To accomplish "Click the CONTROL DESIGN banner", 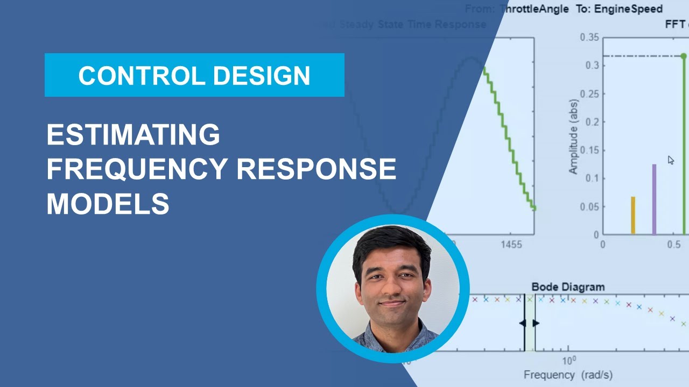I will point(194,75).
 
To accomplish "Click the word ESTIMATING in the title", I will point(133,134).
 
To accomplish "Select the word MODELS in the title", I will point(108,204).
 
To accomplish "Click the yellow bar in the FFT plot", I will point(633,216).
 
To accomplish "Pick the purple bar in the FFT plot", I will point(654,199).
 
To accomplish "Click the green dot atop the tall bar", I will point(684,56).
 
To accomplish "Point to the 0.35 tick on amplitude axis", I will point(589,37).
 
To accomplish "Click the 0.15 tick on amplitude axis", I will point(589,150).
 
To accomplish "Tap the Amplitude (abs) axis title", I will point(574,137).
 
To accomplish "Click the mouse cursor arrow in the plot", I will point(671,160).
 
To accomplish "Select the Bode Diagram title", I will point(568,287).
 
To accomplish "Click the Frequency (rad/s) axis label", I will point(568,375).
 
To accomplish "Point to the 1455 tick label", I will point(511,245).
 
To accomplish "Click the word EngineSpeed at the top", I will point(628,9).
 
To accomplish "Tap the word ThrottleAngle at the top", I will point(533,9).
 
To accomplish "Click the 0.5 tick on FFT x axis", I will point(673,245).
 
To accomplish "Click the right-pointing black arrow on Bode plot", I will point(536,323).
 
